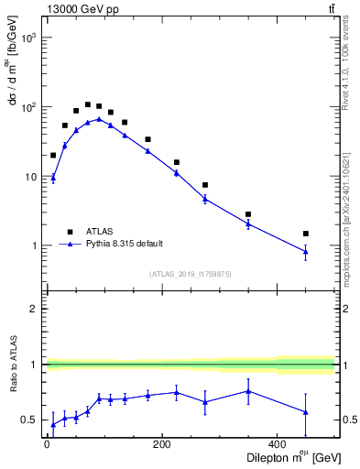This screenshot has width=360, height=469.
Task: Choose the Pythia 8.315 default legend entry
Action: (x=125, y=244)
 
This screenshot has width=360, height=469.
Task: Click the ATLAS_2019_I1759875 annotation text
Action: (x=190, y=273)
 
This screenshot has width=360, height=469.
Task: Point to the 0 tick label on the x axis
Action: (x=47, y=444)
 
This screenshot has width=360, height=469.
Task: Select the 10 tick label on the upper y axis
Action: (x=31, y=177)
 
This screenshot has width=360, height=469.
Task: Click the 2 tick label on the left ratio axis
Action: (x=34, y=309)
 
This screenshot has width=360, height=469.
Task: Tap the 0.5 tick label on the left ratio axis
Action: (x=30, y=420)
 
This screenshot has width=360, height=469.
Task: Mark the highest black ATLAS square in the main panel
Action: (x=88, y=104)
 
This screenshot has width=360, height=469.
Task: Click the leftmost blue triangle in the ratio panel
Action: (x=53, y=424)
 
